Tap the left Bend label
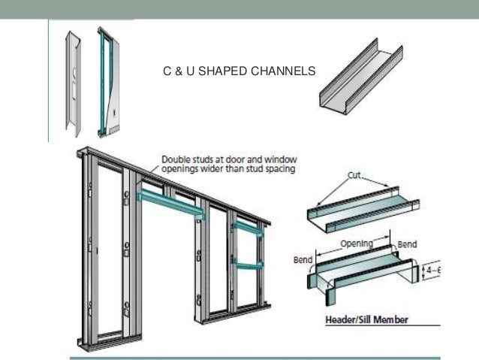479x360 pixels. (303, 260)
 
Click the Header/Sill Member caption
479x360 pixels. (366, 319)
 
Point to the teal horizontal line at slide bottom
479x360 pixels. (255, 357)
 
